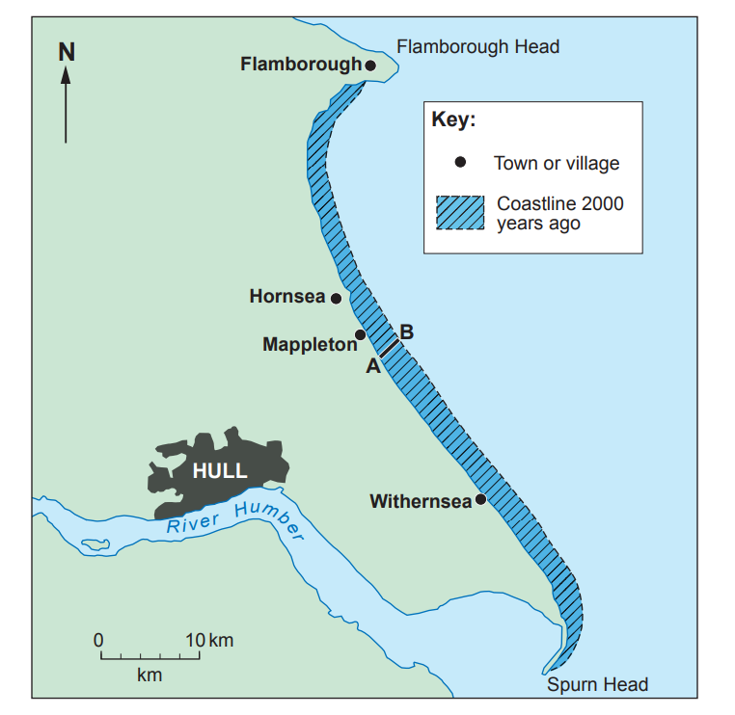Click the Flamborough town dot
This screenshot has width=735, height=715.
[x=370, y=66]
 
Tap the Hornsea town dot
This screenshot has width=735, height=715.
[x=336, y=298]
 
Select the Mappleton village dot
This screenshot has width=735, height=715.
[x=360, y=335]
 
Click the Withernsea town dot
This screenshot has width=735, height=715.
[x=479, y=500]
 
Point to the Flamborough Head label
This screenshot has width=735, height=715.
[x=478, y=46]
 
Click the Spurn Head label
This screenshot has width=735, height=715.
[x=597, y=685]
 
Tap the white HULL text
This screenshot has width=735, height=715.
[x=220, y=471]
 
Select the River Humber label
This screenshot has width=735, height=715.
[x=235, y=521]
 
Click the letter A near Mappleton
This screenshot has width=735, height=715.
[x=372, y=365]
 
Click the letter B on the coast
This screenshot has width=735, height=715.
[x=407, y=332]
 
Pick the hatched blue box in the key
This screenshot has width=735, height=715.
[x=460, y=213]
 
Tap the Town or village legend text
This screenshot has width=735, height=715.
[x=557, y=163]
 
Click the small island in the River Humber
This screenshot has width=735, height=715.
[x=95, y=545]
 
